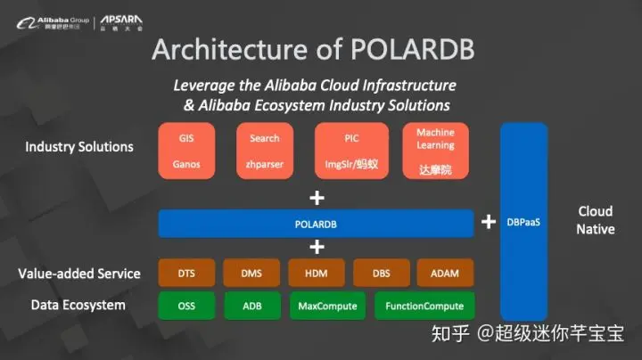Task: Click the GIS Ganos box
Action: pyautogui.click(x=186, y=151)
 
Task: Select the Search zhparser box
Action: pyautogui.click(x=264, y=151)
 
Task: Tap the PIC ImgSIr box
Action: pyautogui.click(x=351, y=151)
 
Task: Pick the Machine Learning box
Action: pyautogui.click(x=435, y=151)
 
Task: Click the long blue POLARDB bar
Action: pyautogui.click(x=316, y=224)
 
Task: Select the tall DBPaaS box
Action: pyautogui.click(x=523, y=222)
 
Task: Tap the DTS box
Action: pyautogui.click(x=186, y=274)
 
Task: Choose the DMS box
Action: pyautogui.click(x=251, y=274)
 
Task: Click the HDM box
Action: pyautogui.click(x=316, y=274)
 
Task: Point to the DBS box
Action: pyautogui.click(x=381, y=274)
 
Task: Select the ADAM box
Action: pyautogui.click(x=444, y=274)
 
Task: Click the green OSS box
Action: pyautogui.click(x=186, y=306)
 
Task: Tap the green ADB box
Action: pyautogui.click(x=251, y=306)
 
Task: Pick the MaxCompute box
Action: pyautogui.click(x=328, y=306)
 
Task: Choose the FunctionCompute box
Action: pyautogui.click(x=424, y=306)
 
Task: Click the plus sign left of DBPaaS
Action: pyautogui.click(x=488, y=222)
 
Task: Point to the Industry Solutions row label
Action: pyautogui.click(x=79, y=147)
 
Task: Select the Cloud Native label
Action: pyautogui.click(x=596, y=220)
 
